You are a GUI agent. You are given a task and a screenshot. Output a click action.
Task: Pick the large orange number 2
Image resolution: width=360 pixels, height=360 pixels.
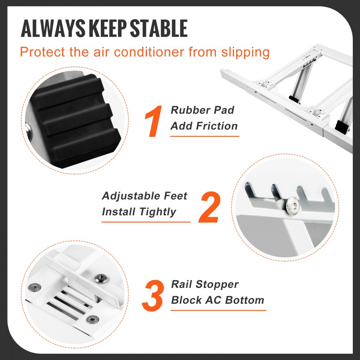(209, 208)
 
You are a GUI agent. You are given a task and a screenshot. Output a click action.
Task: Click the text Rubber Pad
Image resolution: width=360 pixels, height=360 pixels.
(202, 110)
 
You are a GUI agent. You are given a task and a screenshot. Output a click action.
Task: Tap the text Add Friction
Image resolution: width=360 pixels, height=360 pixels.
(204, 126)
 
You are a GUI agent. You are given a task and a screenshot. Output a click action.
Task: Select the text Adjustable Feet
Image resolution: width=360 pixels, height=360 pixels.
(144, 196)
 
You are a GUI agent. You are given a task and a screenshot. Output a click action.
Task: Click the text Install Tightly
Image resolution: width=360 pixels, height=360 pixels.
(139, 212)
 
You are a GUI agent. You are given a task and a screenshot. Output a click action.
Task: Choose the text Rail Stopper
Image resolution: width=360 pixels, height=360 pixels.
(204, 284)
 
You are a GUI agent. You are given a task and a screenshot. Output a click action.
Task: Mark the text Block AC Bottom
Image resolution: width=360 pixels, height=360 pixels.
(217, 300)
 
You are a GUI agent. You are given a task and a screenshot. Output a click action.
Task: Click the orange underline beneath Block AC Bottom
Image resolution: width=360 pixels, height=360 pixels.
(218, 310)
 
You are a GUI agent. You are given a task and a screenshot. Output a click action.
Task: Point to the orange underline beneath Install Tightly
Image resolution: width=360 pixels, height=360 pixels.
(146, 222)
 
